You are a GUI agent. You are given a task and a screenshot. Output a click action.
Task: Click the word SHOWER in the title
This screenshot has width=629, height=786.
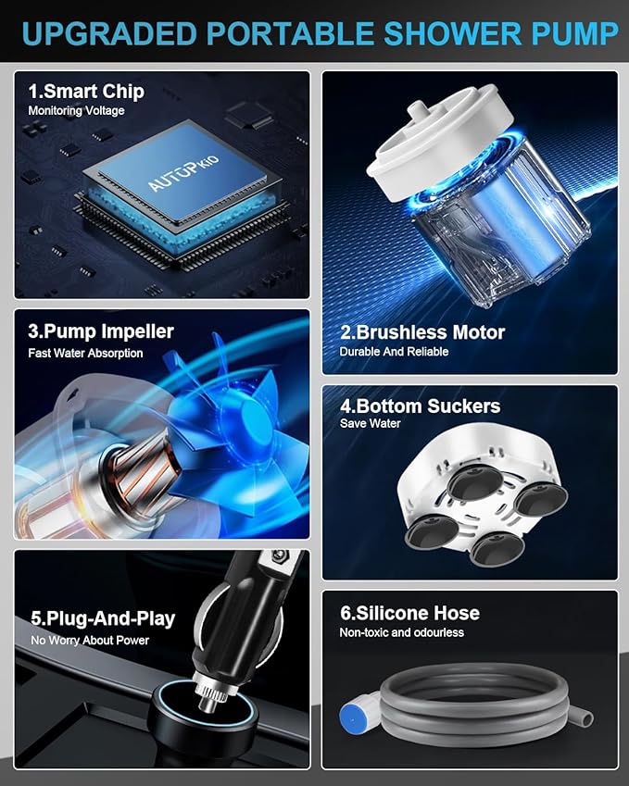coord(452,33)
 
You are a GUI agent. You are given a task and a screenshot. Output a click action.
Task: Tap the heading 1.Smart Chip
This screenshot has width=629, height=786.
coord(86,92)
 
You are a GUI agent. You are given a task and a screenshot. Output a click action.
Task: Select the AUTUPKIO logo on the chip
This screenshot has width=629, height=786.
coord(183,174)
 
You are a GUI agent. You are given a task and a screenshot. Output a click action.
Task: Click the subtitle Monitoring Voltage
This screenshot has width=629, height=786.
coord(76,111)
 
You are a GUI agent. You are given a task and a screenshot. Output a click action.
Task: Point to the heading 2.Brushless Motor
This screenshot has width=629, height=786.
coord(422,332)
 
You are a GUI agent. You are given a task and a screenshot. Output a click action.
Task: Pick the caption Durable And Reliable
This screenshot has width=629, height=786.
coord(394,352)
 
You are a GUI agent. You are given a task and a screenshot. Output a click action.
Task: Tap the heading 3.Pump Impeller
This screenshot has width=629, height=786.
coord(101,331)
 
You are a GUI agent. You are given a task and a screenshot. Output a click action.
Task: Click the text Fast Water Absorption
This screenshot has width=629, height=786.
coord(85,353)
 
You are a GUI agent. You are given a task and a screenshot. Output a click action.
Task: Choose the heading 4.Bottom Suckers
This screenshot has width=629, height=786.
coord(420,406)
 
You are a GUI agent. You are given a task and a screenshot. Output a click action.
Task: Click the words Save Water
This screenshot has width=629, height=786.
coord(371,424)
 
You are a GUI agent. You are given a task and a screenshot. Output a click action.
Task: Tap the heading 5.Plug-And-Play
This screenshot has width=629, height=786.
coord(103,618)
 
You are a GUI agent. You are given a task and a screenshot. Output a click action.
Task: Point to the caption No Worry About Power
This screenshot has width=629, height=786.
coord(90,640)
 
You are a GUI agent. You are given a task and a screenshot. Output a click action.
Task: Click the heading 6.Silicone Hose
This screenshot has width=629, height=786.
coord(409,613)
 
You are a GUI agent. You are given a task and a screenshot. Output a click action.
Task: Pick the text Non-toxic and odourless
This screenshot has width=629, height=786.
coord(401,632)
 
